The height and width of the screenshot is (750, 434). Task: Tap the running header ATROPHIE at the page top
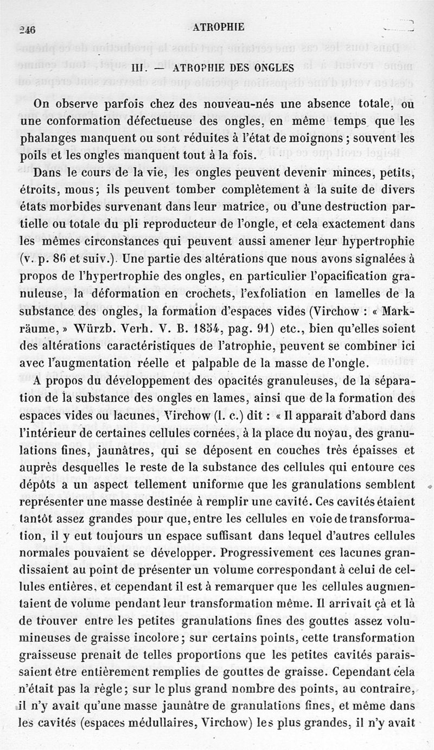[x=219, y=27]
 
